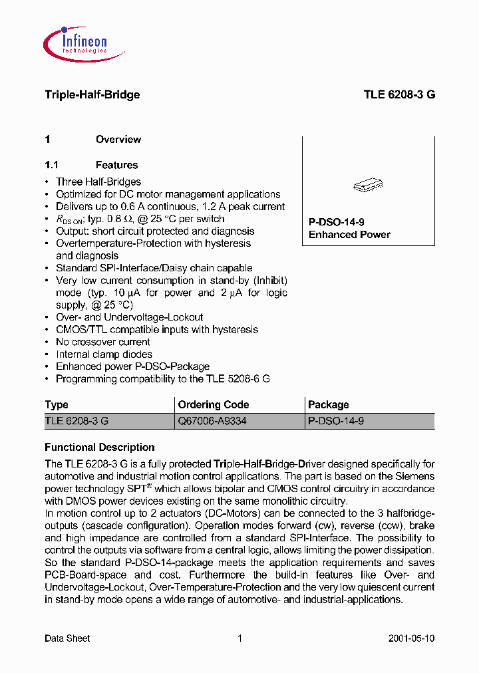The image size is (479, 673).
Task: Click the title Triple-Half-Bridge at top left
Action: [92, 94]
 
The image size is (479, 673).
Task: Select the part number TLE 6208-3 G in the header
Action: [399, 94]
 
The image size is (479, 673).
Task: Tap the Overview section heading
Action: [118, 140]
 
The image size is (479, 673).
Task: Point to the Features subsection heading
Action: [116, 165]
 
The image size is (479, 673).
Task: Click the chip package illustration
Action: [368, 186]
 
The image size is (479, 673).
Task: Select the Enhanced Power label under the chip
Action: [349, 235]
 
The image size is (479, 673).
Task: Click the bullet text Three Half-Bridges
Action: [98, 182]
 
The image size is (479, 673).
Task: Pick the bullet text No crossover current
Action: [103, 342]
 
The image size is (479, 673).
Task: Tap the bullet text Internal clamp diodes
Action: [104, 354]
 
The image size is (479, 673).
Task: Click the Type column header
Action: [57, 404]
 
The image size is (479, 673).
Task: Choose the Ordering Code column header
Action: [214, 404]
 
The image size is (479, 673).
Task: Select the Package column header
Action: [329, 404]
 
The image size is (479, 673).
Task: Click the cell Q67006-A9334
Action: [212, 421]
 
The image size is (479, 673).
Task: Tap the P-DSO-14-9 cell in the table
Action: [336, 421]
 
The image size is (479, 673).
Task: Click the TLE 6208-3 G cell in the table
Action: [77, 421]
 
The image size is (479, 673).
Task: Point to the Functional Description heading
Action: [100, 448]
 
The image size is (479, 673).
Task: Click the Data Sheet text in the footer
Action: [67, 638]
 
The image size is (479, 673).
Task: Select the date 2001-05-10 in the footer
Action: [411, 638]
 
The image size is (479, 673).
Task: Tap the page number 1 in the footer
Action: [239, 638]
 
